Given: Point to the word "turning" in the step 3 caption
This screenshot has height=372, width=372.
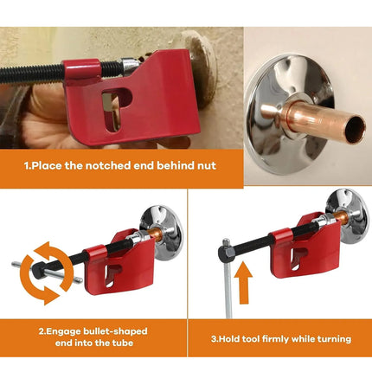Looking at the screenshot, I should [329, 338].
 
